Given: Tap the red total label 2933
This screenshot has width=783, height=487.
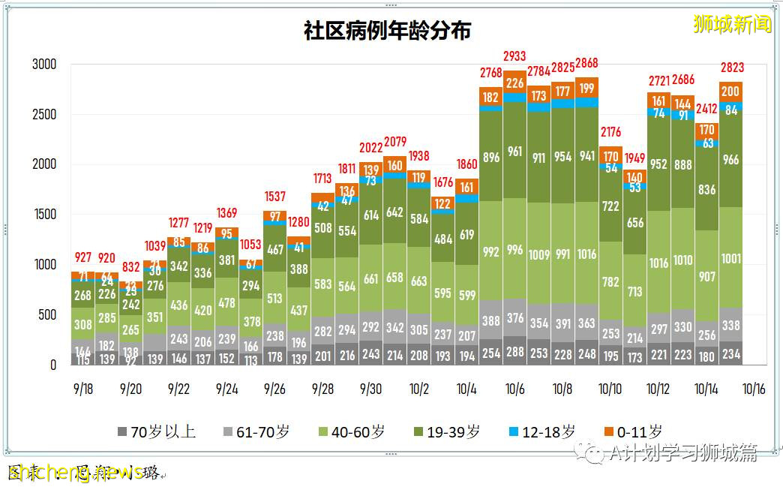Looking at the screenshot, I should pyautogui.click(x=514, y=56).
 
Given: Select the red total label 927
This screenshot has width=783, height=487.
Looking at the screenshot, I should pyautogui.click(x=84, y=258).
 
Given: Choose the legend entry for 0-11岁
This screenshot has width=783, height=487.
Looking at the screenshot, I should pyautogui.click(x=633, y=431).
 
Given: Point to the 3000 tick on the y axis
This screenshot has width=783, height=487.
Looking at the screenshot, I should pyautogui.click(x=44, y=65).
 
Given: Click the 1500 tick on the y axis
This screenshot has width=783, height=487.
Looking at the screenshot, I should pyautogui.click(x=44, y=215).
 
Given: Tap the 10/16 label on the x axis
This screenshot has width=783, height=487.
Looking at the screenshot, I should pyautogui.click(x=754, y=389).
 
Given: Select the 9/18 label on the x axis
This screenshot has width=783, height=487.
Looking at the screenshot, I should pyautogui.click(x=84, y=389).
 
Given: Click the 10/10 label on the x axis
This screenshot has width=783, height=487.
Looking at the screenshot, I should pyautogui.click(x=610, y=389).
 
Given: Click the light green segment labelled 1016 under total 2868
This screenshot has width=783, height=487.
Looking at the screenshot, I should pyautogui.click(x=586, y=254).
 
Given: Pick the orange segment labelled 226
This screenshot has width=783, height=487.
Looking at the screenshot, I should pyautogui.click(x=514, y=83).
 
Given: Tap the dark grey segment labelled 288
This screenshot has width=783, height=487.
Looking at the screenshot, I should pyautogui.click(x=514, y=350).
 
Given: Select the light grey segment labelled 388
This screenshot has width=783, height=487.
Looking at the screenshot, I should pyautogui.click(x=490, y=321).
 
